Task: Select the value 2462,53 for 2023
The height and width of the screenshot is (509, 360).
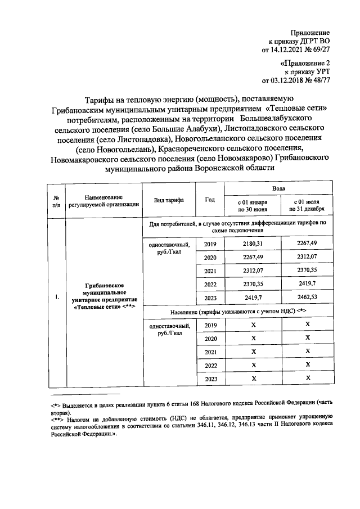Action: [307, 298]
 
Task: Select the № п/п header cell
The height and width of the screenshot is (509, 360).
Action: [57, 201]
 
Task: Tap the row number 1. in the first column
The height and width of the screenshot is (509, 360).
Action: [57, 298]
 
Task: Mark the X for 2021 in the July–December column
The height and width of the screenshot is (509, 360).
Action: [307, 352]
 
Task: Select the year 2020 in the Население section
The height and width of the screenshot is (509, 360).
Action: [210, 338]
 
